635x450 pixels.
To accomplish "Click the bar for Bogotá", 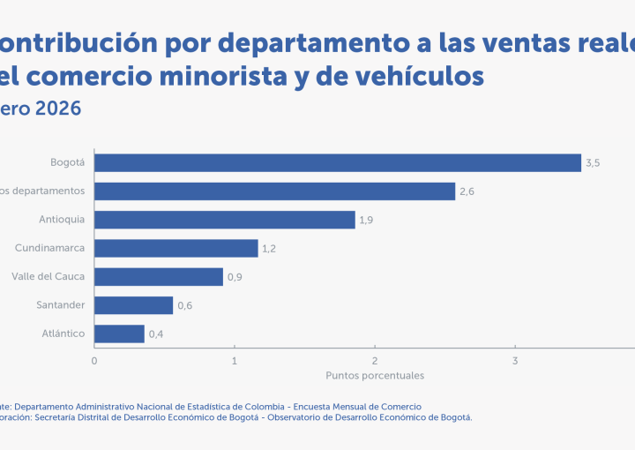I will coord(338,162).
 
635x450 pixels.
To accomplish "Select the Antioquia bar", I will coord(225,220).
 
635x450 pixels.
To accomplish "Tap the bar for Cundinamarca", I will coord(176,248).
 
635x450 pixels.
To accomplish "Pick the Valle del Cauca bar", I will coord(159,276).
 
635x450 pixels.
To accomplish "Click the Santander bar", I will coord(133,305).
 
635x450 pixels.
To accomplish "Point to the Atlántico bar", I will coord(119,334).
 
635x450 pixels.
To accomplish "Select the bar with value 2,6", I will coord(274,191).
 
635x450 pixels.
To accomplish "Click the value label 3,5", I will coord(593,163).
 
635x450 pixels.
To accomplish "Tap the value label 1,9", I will coord(366,220).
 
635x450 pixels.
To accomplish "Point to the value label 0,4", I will coord(156,334).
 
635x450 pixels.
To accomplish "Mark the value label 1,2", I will coord(269,249).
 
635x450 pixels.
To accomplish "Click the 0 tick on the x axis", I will coord(94,360).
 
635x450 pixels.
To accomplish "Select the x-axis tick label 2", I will coord(375,360).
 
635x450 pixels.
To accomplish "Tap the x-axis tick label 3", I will coord(515,360).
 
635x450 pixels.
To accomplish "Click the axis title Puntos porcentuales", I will coord(375,375).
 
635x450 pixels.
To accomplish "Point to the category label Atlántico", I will coord(63,334).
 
